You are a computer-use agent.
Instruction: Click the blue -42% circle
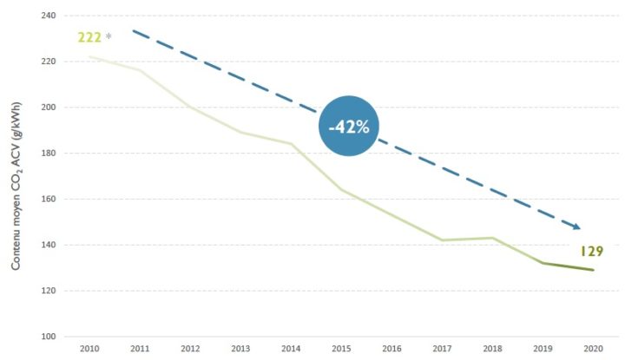tap(348, 126)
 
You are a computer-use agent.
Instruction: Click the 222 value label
tap(89, 37)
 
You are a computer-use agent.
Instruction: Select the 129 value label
tap(592, 252)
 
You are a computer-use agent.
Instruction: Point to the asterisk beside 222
tap(109, 36)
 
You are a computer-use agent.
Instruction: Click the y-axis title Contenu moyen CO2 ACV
tap(16, 187)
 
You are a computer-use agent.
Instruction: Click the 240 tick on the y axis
tap(49, 16)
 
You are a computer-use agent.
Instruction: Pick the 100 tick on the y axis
tap(49, 337)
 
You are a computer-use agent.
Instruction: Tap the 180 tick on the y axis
tap(49, 154)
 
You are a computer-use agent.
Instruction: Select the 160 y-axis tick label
tap(49, 200)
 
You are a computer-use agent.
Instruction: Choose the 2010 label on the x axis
tap(89, 349)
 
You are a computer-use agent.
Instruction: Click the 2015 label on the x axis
tap(342, 349)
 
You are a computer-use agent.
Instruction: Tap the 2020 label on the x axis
tap(594, 349)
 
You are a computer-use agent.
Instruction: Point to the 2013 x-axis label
tap(240, 349)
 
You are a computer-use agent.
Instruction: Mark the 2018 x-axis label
tap(493, 349)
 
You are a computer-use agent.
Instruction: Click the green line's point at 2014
tap(292, 144)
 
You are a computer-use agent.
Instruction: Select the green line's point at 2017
tap(442, 240)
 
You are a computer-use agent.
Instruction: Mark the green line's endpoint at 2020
tap(594, 270)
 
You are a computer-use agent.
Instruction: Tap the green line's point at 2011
tap(140, 70)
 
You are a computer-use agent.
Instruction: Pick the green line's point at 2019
tap(543, 263)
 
